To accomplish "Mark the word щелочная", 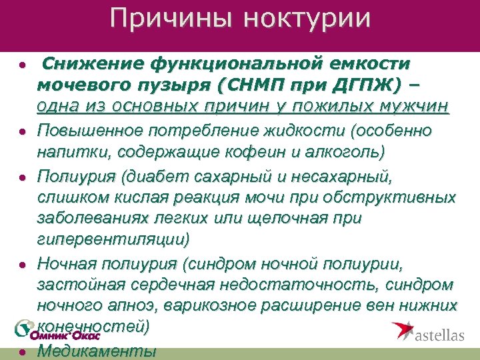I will click(324, 219).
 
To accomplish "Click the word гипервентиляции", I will click(113, 239).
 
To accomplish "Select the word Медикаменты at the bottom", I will click(97, 351).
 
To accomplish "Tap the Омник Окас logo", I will click(57, 332).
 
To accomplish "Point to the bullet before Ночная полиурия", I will click(21, 265).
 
